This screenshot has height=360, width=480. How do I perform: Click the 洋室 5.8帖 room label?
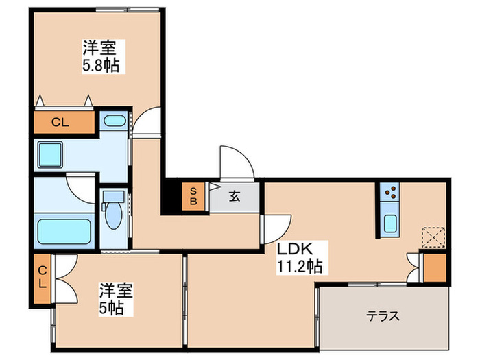point(99,58)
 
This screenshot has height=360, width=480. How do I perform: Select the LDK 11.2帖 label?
point(300,256)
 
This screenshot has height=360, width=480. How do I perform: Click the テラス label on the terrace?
point(382,316)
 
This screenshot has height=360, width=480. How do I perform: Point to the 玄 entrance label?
point(235,197)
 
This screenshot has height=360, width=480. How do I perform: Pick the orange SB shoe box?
point(193,197)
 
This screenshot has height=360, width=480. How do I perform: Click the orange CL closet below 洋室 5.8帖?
point(61,123)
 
